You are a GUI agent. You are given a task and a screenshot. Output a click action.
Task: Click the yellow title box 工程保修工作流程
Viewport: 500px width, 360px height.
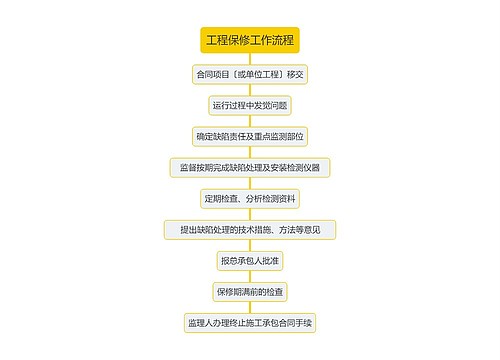tap(250, 41)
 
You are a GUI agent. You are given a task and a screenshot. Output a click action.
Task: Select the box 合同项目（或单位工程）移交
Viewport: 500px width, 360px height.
tap(250, 74)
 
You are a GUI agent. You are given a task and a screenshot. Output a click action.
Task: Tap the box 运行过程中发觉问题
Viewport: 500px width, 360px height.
tap(250, 104)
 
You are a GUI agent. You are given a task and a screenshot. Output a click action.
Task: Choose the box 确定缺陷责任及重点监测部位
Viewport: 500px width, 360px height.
tap(250, 135)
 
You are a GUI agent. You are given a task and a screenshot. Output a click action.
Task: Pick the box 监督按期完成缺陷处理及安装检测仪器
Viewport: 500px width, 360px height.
tap(250, 166)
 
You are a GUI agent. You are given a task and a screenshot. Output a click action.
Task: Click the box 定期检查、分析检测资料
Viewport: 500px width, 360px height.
tap(250, 197)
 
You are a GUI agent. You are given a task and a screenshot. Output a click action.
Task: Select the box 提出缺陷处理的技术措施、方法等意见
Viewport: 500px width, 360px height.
tap(250, 229)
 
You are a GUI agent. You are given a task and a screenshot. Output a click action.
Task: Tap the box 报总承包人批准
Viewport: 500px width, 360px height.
tap(250, 260)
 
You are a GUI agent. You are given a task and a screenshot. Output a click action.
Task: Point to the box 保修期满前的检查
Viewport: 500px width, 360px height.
tap(250, 291)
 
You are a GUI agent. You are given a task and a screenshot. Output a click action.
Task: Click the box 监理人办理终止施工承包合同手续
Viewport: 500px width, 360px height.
tap(250, 322)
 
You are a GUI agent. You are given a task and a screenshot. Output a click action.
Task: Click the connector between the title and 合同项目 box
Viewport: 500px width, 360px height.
tap(250, 58)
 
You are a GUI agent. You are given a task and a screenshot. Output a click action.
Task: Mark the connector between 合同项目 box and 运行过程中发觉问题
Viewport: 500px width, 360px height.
tap(250, 89)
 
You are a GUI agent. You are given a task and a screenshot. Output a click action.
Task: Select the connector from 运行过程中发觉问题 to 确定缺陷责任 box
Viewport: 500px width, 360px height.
tap(250, 120)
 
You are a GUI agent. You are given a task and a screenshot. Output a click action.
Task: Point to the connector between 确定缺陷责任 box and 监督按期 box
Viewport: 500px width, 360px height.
tap(250, 151)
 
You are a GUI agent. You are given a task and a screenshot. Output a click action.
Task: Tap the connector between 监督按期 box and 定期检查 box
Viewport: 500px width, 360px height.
tap(250, 182)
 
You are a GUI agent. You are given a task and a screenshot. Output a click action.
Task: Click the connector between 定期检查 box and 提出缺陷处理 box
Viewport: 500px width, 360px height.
tap(250, 213)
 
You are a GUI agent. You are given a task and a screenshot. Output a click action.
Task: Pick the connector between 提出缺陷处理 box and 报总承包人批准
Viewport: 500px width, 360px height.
tap(250, 245)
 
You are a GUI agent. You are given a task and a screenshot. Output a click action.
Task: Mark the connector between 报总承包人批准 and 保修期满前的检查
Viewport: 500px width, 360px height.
tap(250, 276)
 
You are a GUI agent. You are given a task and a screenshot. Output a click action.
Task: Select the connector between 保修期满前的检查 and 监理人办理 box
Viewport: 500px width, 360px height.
tap(250, 307)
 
